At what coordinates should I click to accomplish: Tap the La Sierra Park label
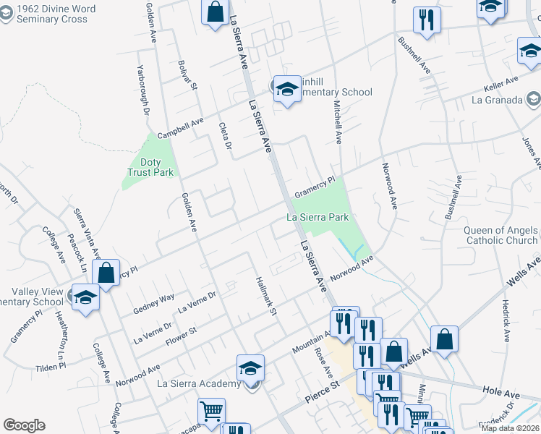[x=318, y=217]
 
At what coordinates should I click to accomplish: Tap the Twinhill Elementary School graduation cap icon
[x=287, y=90]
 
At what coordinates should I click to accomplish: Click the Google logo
[x=24, y=425]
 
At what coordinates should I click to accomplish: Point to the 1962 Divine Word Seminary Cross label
[x=49, y=14]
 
